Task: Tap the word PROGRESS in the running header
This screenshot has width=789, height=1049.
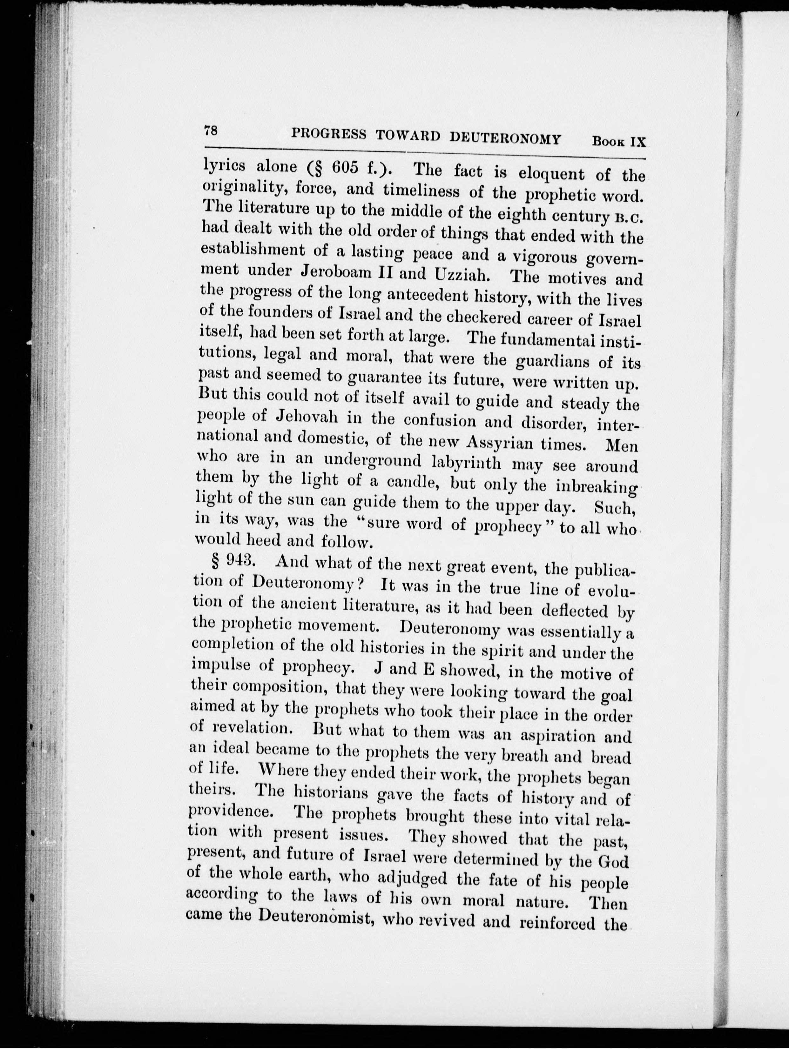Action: tap(329, 135)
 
